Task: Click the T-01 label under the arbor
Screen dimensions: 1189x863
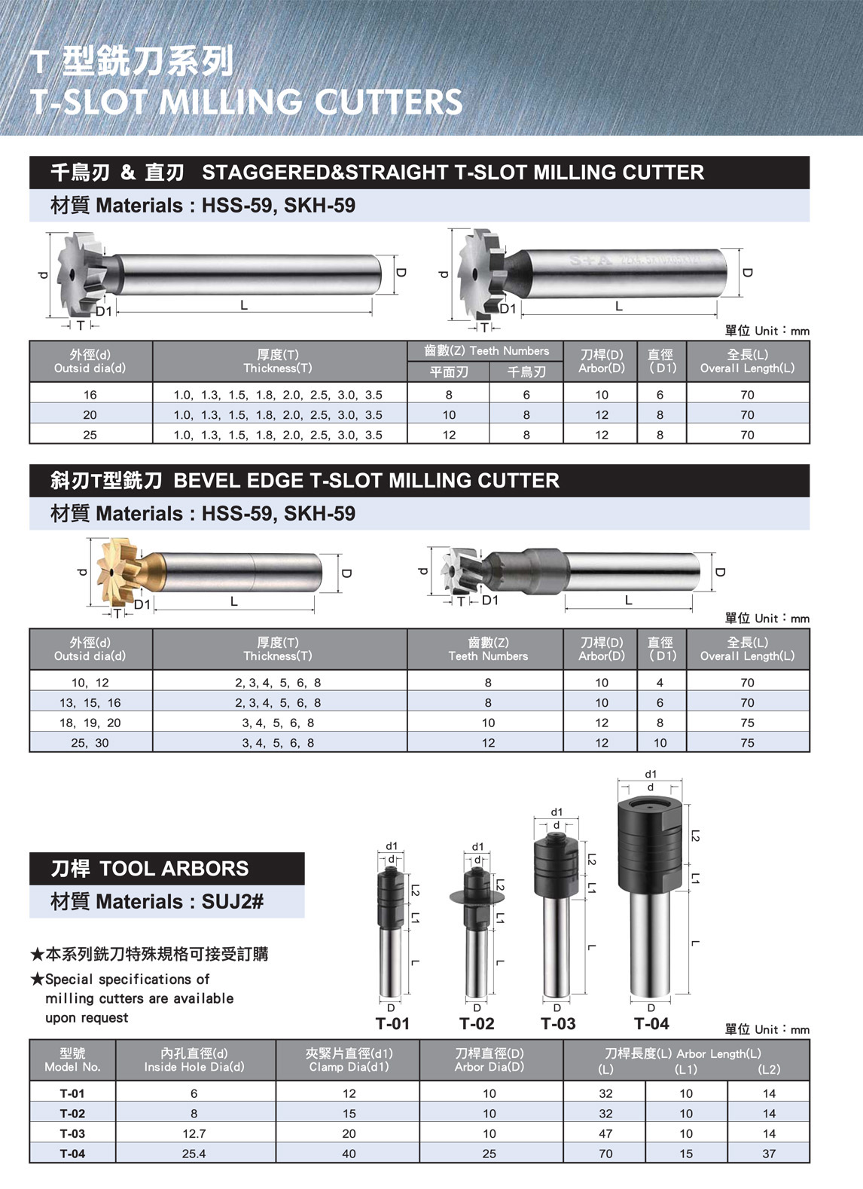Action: (x=392, y=1023)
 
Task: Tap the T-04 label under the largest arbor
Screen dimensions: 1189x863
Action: (x=651, y=1023)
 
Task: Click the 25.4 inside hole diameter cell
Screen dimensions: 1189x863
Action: (x=194, y=1154)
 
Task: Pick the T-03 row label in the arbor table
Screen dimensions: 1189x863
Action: (x=72, y=1133)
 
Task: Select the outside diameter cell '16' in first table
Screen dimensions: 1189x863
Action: (x=90, y=395)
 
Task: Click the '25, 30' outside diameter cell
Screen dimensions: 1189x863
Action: (x=90, y=743)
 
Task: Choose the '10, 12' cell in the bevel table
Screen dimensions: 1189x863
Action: (x=90, y=683)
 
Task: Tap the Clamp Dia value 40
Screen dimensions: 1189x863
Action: (x=349, y=1154)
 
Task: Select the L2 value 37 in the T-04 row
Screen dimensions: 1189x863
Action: (x=769, y=1154)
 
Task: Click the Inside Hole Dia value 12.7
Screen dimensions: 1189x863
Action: (x=194, y=1133)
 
